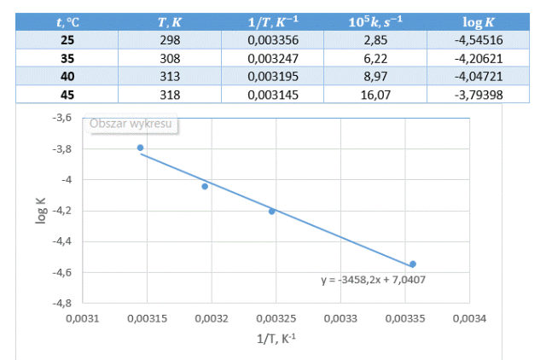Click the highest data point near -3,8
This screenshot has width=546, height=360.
point(141,148)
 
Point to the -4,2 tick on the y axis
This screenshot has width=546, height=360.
point(61,211)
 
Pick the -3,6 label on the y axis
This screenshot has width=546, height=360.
point(61,119)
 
